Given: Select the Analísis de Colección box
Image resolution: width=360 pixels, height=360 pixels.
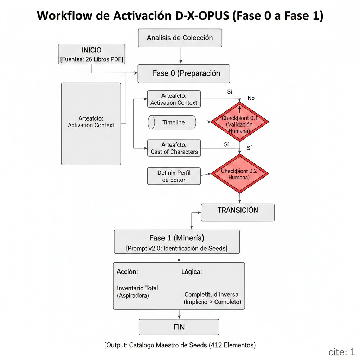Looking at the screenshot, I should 180,38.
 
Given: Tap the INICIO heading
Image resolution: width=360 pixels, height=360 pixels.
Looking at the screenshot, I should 91,50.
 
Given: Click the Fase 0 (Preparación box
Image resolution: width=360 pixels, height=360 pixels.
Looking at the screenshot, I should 184,73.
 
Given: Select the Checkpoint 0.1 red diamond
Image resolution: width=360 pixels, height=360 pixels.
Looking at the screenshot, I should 239,122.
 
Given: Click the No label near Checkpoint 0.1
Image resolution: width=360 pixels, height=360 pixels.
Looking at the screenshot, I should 251,98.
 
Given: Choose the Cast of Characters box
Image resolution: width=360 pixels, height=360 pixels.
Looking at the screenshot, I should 174,148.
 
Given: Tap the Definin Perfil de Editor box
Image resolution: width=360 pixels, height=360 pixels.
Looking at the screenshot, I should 174,176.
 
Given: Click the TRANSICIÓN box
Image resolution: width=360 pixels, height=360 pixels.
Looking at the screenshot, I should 238,211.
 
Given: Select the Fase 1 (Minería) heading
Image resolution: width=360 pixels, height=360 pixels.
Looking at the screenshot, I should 177,237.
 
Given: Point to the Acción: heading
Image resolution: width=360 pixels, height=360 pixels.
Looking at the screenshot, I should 127,272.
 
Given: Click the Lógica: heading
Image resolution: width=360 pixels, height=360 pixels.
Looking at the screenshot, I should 191,272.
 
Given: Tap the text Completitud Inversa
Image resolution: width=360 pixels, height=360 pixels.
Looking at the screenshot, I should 211,294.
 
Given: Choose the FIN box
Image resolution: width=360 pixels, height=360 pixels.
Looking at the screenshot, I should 179,327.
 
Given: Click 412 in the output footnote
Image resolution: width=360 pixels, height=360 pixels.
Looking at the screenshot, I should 216,345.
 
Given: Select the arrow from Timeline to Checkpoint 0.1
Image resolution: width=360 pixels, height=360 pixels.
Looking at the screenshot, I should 203,122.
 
